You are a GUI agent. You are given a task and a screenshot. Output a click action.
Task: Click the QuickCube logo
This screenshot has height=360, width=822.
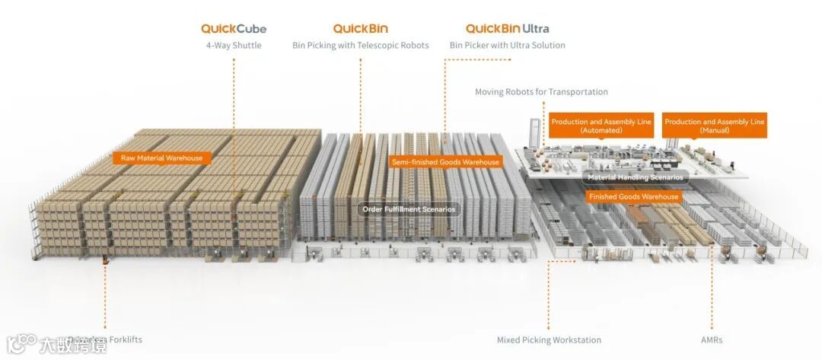click(234, 29)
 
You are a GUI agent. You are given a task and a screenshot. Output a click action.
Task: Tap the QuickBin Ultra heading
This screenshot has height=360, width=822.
click(507, 29)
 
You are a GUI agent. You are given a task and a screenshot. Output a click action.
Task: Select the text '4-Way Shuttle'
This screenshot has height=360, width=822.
click(234, 46)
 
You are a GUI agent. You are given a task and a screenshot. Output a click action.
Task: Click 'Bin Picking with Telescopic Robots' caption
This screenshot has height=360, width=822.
click(361, 46)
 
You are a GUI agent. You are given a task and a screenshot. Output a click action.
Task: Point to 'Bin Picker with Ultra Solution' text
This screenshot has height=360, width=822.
click(507, 46)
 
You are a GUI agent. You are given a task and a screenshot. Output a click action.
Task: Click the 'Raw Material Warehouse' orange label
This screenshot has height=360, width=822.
click(161, 158)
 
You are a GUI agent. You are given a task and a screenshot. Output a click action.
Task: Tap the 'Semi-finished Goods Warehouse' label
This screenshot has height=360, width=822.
click(445, 162)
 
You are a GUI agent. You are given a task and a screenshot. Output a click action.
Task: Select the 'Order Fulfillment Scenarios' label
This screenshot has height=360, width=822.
click(409, 209)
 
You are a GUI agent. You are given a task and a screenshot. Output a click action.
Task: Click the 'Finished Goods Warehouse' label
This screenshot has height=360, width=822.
click(633, 196)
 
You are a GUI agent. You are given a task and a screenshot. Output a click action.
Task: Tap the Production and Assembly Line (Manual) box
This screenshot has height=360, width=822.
click(714, 126)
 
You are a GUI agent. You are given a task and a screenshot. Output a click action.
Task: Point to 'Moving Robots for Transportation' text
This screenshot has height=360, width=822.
click(541, 92)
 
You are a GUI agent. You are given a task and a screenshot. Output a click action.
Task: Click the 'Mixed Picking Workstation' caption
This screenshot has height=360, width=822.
click(549, 340)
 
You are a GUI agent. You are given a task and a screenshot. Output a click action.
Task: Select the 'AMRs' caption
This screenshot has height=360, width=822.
click(712, 340)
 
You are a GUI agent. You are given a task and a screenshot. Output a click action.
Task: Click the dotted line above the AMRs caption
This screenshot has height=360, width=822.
click(712, 297)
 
